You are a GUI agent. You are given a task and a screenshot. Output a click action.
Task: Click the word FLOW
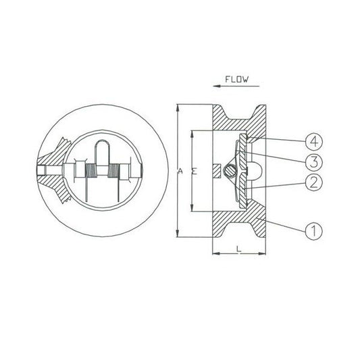(236, 80)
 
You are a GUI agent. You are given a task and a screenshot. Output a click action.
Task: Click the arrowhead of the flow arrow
(217, 86)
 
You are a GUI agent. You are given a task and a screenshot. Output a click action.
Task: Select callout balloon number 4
(314, 141)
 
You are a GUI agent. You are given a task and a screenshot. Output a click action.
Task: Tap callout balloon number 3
(313, 162)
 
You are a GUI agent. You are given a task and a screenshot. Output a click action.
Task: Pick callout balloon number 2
(313, 182)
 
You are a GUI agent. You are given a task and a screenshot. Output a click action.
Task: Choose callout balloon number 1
(313, 231)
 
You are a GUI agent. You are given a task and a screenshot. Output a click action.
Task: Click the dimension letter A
(180, 171)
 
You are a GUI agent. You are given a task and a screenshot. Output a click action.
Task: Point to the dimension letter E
(195, 172)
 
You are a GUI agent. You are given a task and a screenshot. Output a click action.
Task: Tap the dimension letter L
(239, 249)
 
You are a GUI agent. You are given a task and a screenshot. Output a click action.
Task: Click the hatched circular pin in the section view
(230, 171)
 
